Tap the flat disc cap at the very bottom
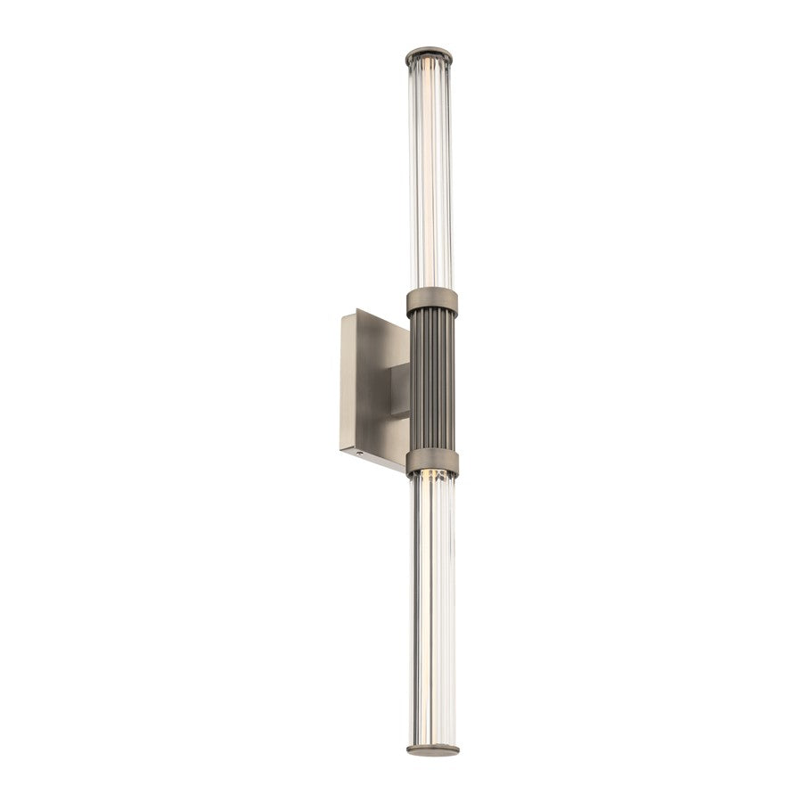[x=433, y=749]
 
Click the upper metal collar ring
[x=432, y=302]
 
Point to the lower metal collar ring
[x=433, y=462]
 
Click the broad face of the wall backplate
[x=374, y=383]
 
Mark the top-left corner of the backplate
[x=342, y=315]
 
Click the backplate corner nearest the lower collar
[x=406, y=471]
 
